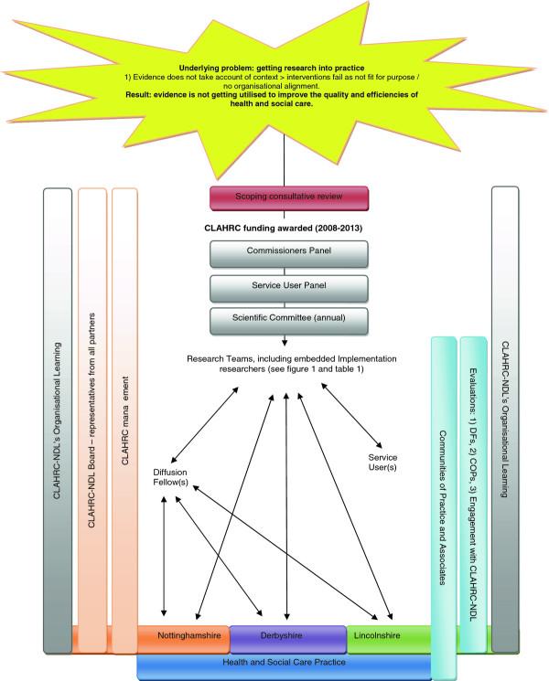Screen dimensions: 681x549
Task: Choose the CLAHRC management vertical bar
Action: coord(125,411)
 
